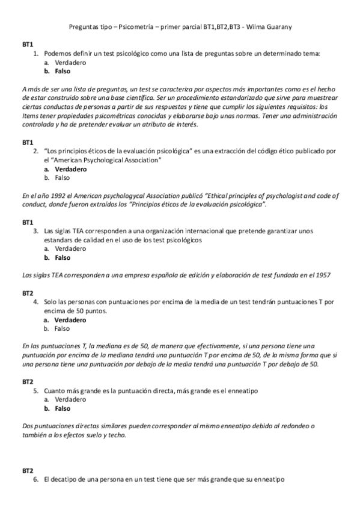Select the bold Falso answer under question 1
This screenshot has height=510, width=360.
pos(62,71)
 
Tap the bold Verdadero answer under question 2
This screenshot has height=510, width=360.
pos(70,169)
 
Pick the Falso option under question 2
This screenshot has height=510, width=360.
pos(62,177)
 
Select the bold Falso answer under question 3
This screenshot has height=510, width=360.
pos(62,257)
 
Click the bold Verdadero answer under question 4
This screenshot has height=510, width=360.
pos(70,320)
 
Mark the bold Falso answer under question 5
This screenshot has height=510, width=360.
pos(62,408)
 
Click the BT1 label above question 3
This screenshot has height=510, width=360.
pos(28,222)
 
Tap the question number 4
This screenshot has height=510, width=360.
pos(36,302)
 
